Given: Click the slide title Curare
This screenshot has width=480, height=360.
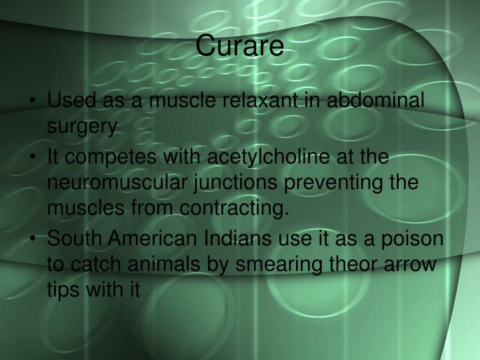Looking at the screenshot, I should coord(240,47).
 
